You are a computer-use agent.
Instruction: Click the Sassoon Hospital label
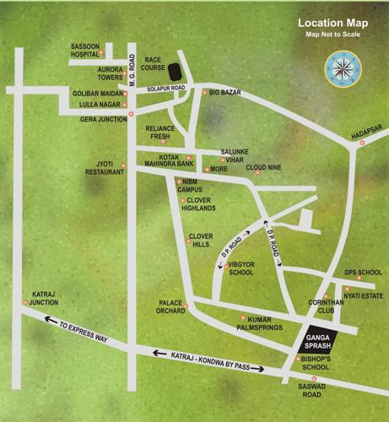(89, 48)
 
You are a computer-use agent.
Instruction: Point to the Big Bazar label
(225, 91)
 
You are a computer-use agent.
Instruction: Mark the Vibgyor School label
(240, 268)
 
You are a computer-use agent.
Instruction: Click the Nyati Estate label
(363, 296)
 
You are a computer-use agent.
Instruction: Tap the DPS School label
(363, 273)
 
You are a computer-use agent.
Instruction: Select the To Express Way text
(84, 331)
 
